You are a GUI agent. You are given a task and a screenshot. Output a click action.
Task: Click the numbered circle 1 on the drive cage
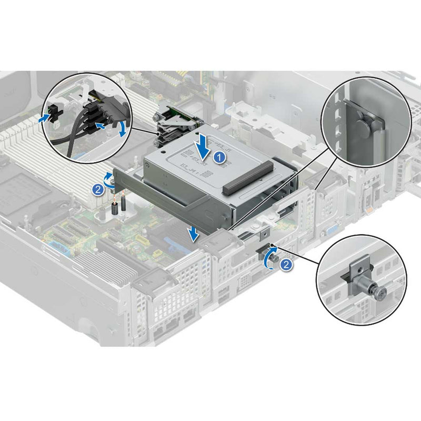(x=222, y=156)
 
